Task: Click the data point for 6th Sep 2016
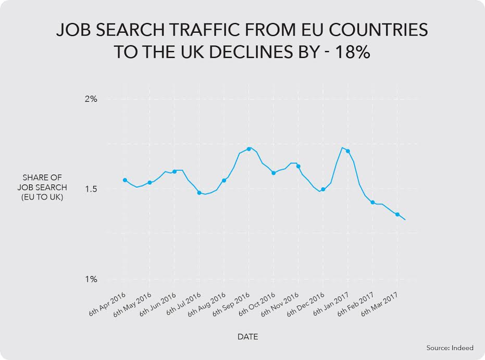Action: pos(249,149)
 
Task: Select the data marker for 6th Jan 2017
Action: pos(348,151)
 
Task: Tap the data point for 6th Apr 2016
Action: pos(125,180)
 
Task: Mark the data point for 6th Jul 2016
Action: pos(199,193)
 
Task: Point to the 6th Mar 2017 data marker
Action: pos(397,215)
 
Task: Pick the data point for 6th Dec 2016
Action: pos(323,190)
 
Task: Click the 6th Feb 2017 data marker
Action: pos(372,202)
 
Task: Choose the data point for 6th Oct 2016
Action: pos(273,172)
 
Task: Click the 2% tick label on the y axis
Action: pos(91,99)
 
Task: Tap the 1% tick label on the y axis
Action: pos(91,280)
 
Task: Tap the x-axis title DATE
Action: pos(248,337)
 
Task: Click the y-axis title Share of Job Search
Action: pos(45,188)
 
